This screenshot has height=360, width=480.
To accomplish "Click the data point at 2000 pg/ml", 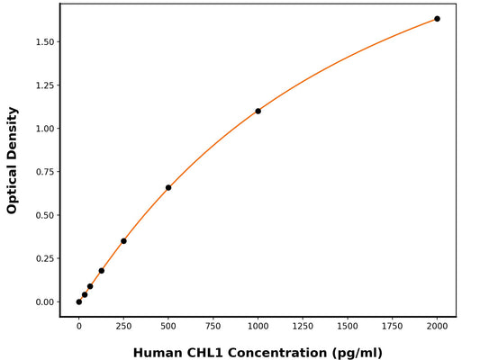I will [437, 19].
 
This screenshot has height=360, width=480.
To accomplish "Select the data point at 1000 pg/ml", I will [258, 111].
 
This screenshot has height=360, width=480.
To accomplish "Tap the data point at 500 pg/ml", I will [168, 187].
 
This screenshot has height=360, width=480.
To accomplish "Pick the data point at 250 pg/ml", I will [123, 241].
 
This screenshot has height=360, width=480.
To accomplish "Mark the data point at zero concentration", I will [79, 301].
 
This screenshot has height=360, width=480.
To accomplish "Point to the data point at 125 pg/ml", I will [101, 271].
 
